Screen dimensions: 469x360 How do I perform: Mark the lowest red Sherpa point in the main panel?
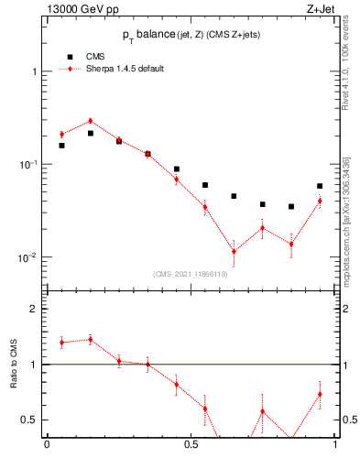pyautogui.click(x=234, y=251)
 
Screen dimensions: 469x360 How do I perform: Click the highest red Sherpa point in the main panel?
pyautogui.click(x=91, y=121)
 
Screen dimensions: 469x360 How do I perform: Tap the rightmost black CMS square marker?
pyautogui.click(x=320, y=186)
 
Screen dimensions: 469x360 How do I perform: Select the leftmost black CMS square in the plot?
pyautogui.click(x=61, y=145)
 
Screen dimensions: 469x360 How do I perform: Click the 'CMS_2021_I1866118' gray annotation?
pyautogui.click(x=191, y=274)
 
